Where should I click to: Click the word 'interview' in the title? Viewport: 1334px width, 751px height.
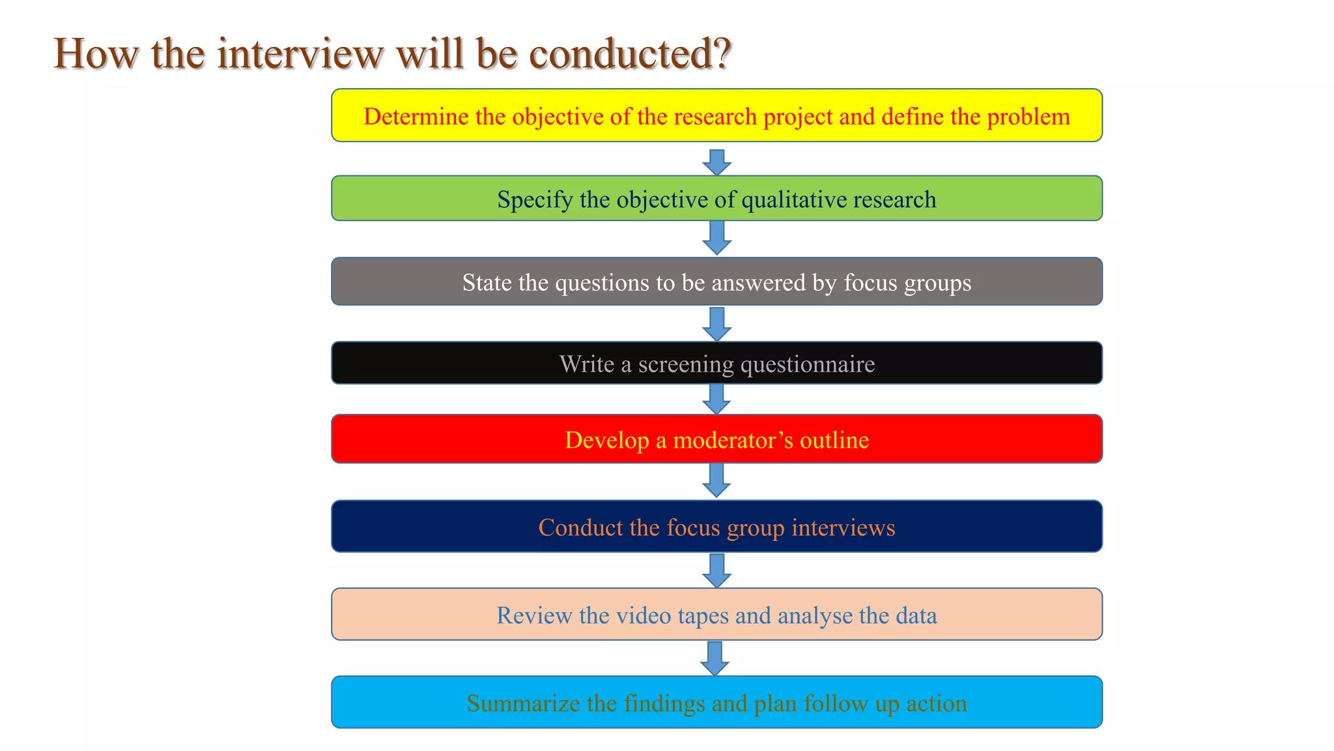point(300,53)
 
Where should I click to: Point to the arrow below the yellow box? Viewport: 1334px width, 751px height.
point(717,162)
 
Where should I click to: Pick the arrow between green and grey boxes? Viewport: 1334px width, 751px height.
point(717,238)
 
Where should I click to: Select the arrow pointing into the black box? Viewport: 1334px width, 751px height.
point(717,324)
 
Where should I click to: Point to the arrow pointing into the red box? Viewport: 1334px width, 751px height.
point(717,399)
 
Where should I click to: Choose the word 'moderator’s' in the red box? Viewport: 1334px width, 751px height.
point(733,440)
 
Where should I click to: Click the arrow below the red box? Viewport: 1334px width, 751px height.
point(717,480)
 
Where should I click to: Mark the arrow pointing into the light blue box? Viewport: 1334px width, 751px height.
point(715,658)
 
